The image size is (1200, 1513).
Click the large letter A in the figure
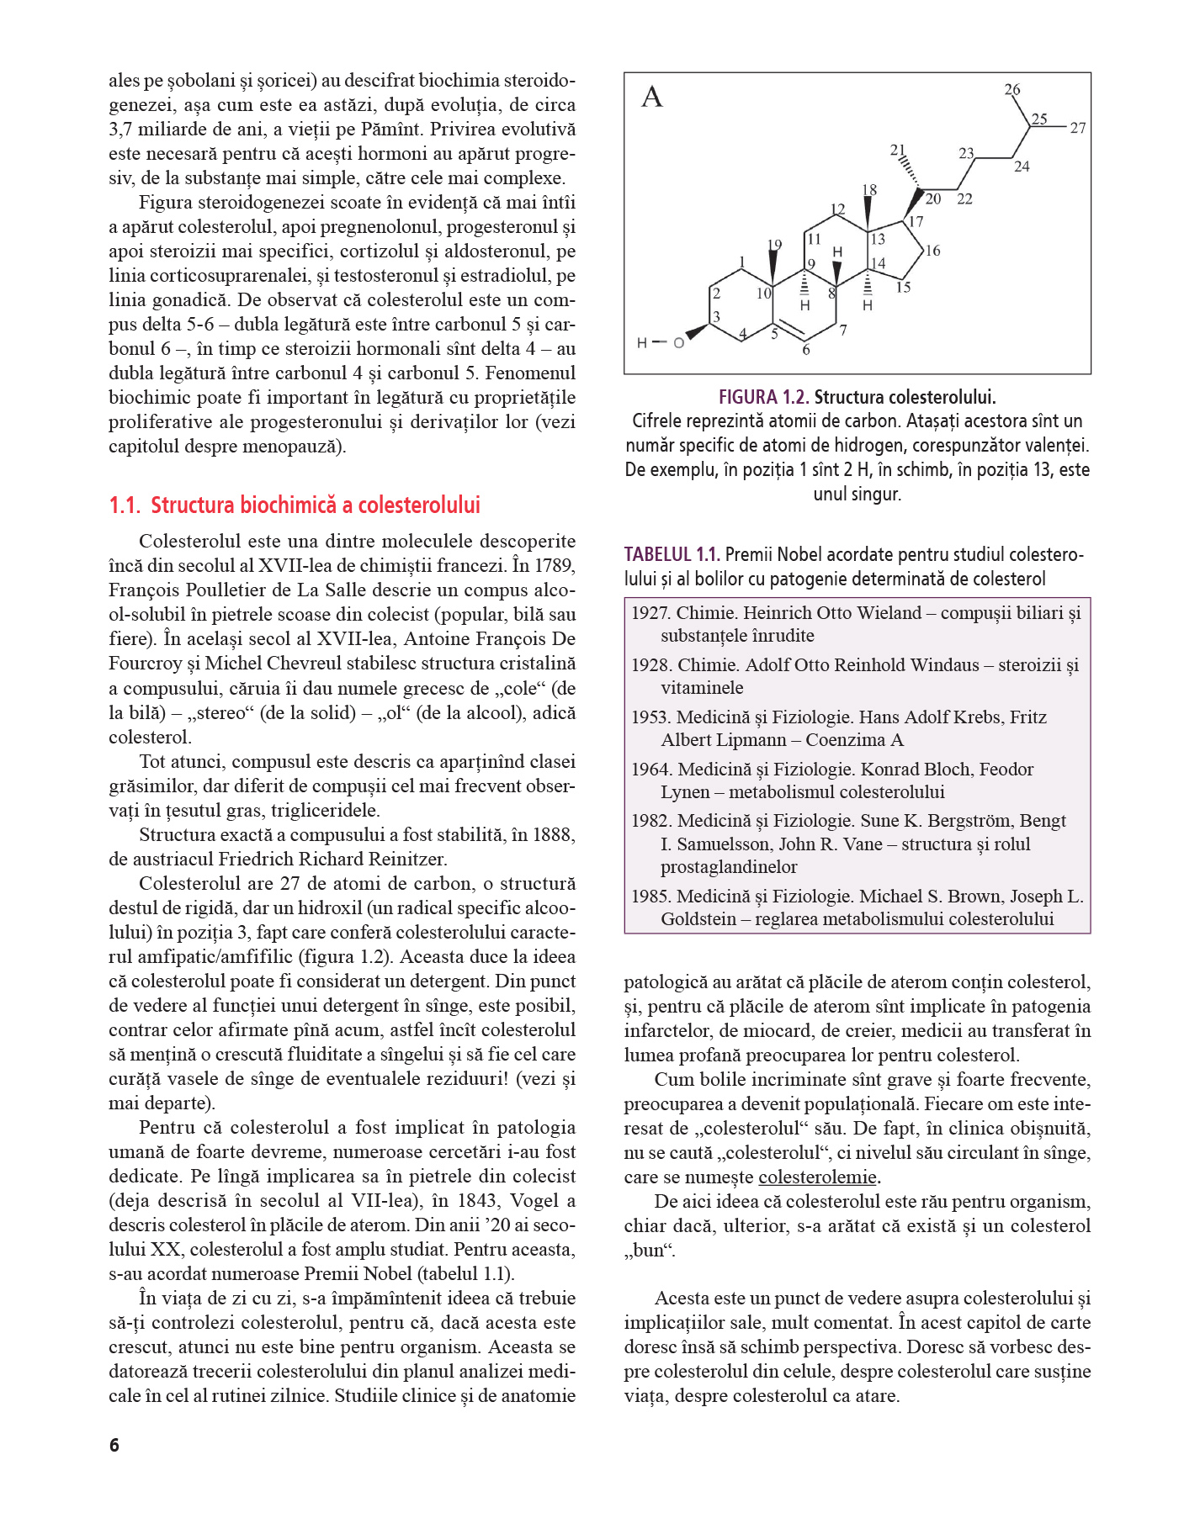tap(652, 98)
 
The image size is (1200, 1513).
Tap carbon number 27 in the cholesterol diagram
tap(1078, 128)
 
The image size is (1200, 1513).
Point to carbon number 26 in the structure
tap(1012, 89)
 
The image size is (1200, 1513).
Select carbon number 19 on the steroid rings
tap(774, 245)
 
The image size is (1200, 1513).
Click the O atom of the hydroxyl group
tap(678, 343)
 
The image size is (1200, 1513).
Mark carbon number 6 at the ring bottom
tap(806, 350)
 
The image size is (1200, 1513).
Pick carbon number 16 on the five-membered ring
tap(932, 251)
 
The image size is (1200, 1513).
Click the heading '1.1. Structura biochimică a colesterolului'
tap(295, 505)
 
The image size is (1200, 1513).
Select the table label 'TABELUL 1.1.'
tap(672, 554)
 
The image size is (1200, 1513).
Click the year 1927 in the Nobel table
tap(650, 613)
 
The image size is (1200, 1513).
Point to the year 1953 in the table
tap(650, 717)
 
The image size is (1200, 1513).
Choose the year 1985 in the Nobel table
tap(650, 897)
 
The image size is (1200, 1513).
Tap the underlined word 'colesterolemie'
tap(817, 1177)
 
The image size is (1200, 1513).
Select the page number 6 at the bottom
tap(114, 1445)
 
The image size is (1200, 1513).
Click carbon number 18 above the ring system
tap(869, 190)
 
